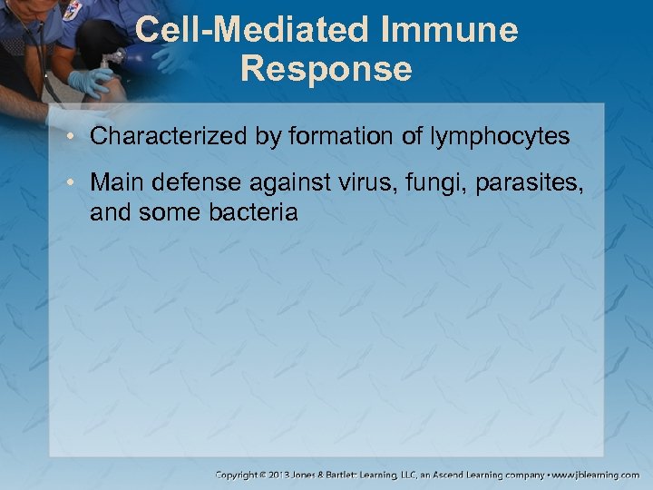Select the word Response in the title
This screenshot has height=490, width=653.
(x=326, y=69)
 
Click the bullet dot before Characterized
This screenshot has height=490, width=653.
(x=73, y=138)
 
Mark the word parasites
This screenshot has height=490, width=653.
(x=502, y=183)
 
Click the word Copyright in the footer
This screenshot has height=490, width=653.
(x=238, y=475)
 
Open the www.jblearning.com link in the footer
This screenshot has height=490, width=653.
(x=598, y=475)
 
